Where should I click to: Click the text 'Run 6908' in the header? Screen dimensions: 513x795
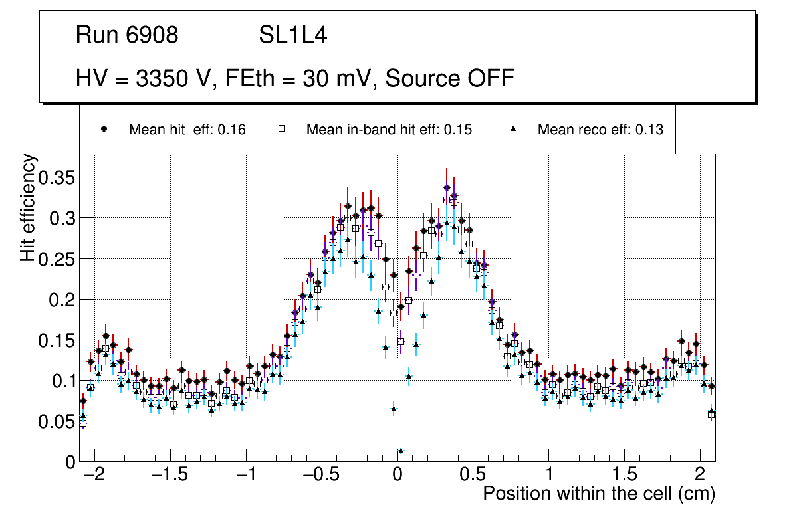[x=127, y=35]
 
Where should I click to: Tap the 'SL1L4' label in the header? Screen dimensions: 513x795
[x=292, y=35]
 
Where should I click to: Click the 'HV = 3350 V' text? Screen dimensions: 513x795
[x=141, y=78]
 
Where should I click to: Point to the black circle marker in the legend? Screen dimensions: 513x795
[x=104, y=129]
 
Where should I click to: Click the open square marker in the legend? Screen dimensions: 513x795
[x=281, y=129]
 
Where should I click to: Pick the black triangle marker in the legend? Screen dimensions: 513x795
[x=514, y=129]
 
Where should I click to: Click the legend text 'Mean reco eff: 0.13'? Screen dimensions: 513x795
[x=600, y=130]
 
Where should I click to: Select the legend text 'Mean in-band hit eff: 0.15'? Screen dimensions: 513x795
[x=389, y=130]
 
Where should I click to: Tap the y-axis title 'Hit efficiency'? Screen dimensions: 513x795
[x=28, y=208]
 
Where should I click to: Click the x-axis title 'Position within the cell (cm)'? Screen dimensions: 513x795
[x=599, y=494]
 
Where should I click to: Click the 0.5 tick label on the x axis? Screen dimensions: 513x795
[x=473, y=476]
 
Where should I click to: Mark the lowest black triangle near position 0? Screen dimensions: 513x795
[x=401, y=451]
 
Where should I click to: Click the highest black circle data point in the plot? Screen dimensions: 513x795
[x=447, y=187]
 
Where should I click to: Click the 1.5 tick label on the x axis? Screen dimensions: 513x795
[x=624, y=476]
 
